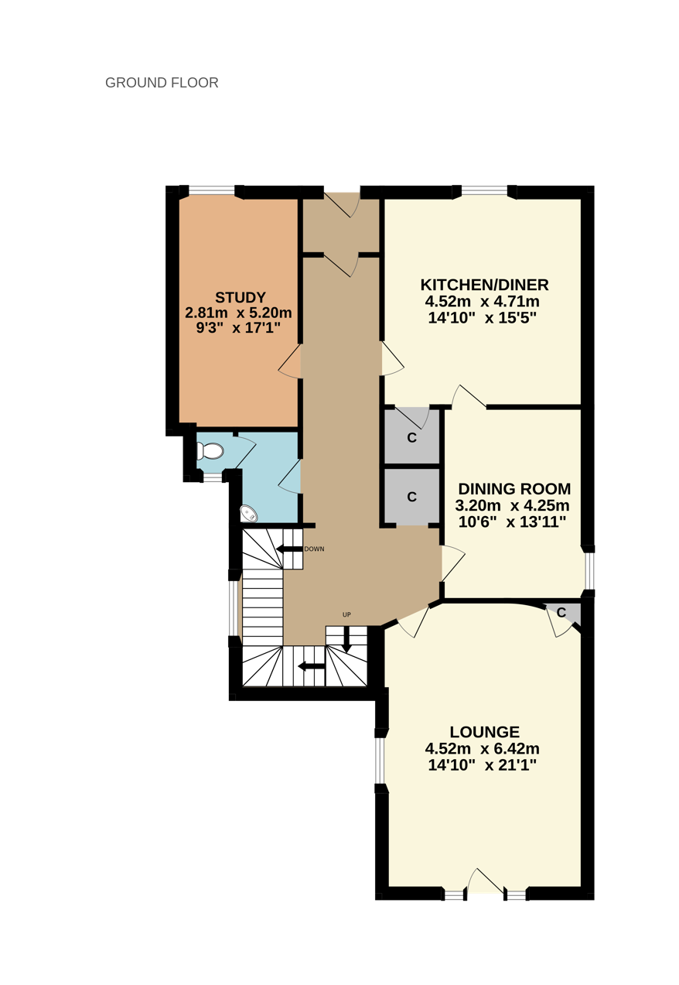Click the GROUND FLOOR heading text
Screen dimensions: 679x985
(162, 83)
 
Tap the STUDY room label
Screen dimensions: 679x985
(241, 297)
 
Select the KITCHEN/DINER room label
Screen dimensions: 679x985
(484, 285)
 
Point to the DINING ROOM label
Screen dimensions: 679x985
(514, 488)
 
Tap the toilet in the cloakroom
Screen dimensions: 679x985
(210, 451)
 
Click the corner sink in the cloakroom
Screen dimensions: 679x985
(249, 514)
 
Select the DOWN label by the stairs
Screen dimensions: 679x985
(314, 549)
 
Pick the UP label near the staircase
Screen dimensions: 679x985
(346, 614)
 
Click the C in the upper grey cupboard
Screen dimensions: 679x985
(411, 437)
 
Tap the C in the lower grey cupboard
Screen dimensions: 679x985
(411, 497)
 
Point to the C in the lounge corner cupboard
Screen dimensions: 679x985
(561, 612)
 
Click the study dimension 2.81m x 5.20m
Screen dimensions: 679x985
(238, 313)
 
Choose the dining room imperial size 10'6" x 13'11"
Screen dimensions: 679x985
(511, 522)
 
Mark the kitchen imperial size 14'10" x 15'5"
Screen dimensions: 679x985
(483, 317)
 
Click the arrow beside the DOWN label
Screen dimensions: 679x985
(289, 549)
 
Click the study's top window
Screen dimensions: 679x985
(211, 190)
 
